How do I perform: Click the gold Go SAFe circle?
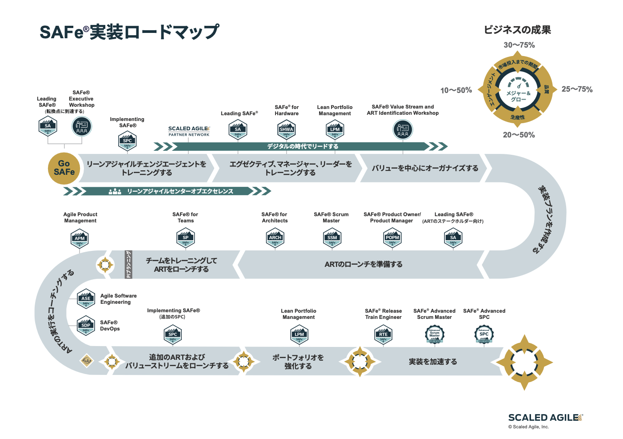[64, 168]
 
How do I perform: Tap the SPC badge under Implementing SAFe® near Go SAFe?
[127, 141]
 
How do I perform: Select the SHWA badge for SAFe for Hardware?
[286, 129]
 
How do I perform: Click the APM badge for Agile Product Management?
[80, 239]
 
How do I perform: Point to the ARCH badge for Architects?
[275, 238]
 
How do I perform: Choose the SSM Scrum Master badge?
[332, 238]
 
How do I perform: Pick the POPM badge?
[392, 238]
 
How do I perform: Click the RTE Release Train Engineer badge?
[383, 335]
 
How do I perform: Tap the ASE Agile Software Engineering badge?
[86, 299]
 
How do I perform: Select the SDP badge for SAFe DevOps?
[86, 326]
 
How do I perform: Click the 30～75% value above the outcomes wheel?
[519, 45]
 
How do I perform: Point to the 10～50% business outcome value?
[456, 90]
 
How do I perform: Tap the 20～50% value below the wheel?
[519, 135]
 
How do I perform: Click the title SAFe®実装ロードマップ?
[129, 32]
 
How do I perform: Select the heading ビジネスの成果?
[517, 30]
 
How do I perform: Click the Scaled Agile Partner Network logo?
[189, 131]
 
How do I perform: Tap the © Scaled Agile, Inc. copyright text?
[528, 427]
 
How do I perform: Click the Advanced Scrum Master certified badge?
[434, 334]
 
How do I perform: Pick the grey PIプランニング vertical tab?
[128, 264]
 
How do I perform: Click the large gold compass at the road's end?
[524, 362]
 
